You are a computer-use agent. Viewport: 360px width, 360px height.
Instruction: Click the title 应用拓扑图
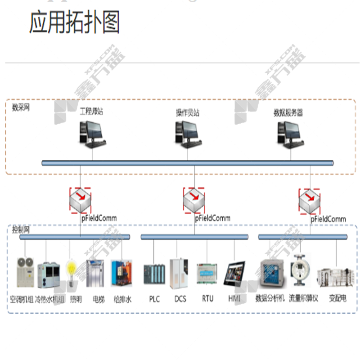[x=75, y=22]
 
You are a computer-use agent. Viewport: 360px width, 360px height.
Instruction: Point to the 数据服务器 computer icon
[x=288, y=134]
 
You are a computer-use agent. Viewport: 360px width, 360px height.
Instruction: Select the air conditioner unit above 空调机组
[x=25, y=272]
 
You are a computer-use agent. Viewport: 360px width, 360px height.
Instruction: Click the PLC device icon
[x=154, y=273]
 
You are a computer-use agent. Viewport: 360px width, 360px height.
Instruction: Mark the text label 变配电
[x=337, y=298]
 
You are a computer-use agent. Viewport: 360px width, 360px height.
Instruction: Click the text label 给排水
[x=122, y=299]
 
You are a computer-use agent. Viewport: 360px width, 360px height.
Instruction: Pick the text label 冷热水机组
[x=50, y=299]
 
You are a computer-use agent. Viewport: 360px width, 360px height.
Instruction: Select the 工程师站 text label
[x=91, y=111]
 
